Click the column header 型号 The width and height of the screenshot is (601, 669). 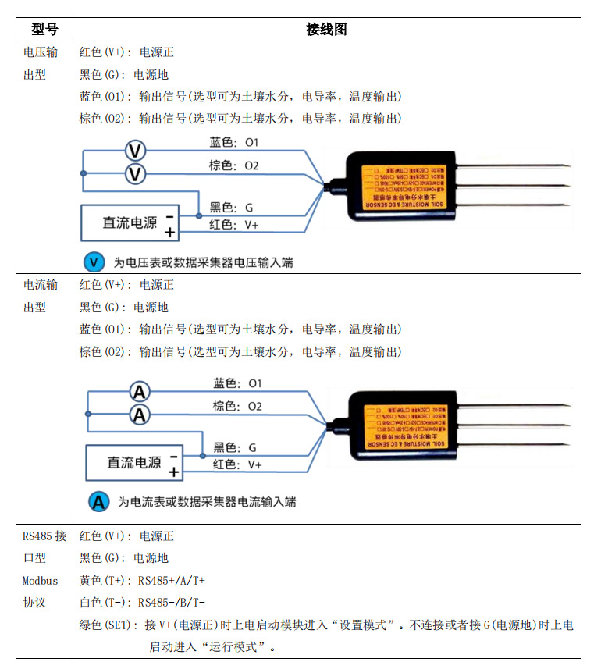pyautogui.click(x=44, y=30)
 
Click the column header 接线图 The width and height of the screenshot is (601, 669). pyautogui.click(x=326, y=30)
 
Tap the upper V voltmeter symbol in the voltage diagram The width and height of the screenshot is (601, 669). pyautogui.click(x=136, y=150)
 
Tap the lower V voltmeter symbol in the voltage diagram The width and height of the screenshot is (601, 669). pyautogui.click(x=136, y=173)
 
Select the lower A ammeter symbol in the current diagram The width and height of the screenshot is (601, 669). pyautogui.click(x=139, y=415)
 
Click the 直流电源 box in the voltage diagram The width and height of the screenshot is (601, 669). pyautogui.click(x=130, y=222)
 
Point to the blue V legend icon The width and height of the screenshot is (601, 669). pyautogui.click(x=94, y=262)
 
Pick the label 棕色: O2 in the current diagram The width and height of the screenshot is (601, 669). pyautogui.click(x=237, y=407)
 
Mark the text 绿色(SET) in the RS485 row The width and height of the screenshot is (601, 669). pyautogui.click(x=108, y=626)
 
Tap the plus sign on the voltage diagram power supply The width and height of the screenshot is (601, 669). pyautogui.click(x=169, y=232)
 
